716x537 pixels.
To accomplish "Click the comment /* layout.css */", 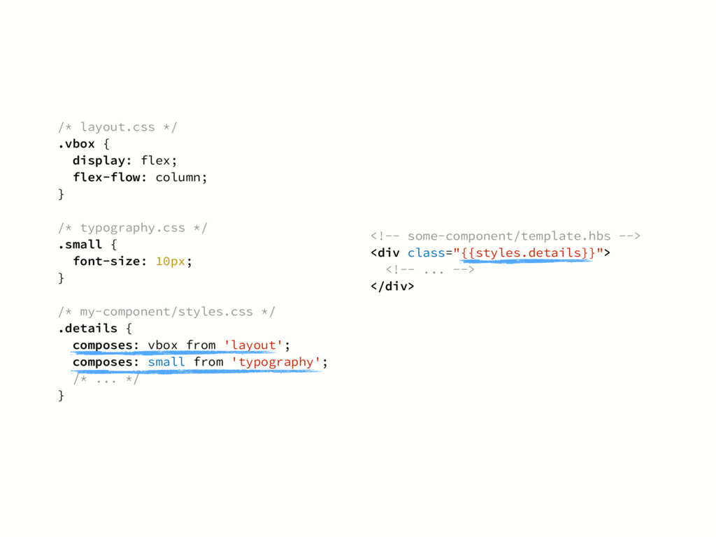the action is (x=118, y=127).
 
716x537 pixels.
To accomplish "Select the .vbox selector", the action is (x=76, y=143).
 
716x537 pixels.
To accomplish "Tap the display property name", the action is (x=103, y=160).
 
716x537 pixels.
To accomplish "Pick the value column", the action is (x=179, y=177).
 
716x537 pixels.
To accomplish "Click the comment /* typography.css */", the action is (x=133, y=227).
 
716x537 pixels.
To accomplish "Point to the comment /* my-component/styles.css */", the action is (x=167, y=311).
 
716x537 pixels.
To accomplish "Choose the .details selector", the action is (x=87, y=328).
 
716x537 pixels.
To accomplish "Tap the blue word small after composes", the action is (x=166, y=361).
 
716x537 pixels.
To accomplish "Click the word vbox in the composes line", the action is (x=163, y=345).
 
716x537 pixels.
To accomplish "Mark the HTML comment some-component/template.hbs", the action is (x=505, y=236).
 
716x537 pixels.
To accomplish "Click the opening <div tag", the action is (x=384, y=252).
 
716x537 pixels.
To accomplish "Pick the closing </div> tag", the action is (x=392, y=286).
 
